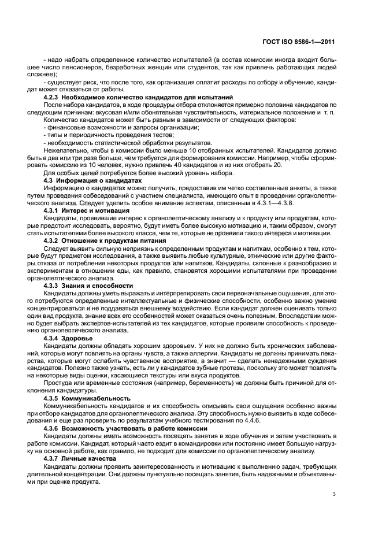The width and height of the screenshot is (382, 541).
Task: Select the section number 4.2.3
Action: click(54, 97)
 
